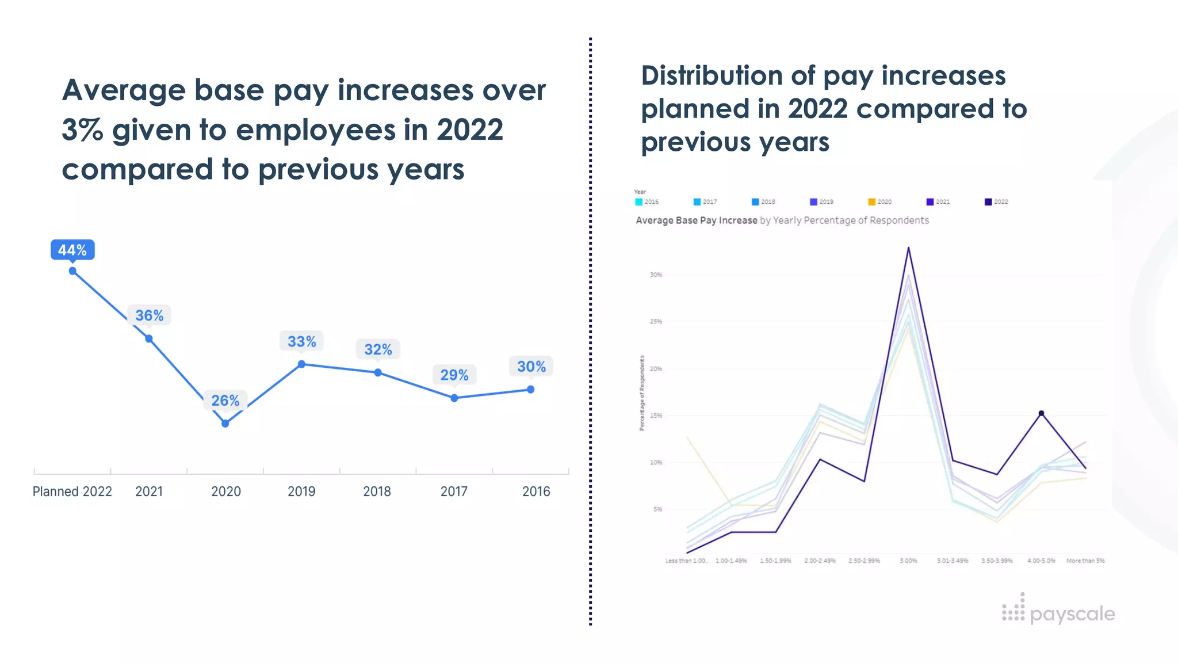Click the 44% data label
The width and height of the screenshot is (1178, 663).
pyautogui.click(x=72, y=250)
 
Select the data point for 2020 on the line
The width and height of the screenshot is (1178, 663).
pyautogui.click(x=225, y=424)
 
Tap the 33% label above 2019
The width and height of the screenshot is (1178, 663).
pyautogui.click(x=302, y=341)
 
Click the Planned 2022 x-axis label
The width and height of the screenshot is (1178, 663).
pyautogui.click(x=72, y=491)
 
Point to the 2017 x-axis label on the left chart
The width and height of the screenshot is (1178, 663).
pyautogui.click(x=454, y=491)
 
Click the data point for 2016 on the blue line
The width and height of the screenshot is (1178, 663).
pyautogui.click(x=531, y=390)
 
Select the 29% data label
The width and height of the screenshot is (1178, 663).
pyautogui.click(x=454, y=375)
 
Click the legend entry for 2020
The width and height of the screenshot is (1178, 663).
pyautogui.click(x=880, y=202)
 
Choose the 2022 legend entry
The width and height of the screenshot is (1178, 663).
pyautogui.click(x=996, y=202)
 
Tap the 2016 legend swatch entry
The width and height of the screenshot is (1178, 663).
pyautogui.click(x=647, y=202)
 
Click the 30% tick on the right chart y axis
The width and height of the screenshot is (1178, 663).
pyautogui.click(x=656, y=275)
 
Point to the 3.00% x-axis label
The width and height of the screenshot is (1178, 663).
pyautogui.click(x=908, y=561)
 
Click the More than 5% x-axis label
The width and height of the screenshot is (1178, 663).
pyautogui.click(x=1085, y=561)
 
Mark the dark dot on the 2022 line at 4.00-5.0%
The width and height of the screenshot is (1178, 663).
pyautogui.click(x=1041, y=413)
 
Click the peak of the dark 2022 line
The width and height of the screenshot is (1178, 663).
pyautogui.click(x=908, y=248)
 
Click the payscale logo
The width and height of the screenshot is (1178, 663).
pyautogui.click(x=1058, y=612)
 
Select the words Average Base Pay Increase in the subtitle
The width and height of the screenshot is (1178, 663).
pyautogui.click(x=697, y=220)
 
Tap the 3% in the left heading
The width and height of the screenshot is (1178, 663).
pyautogui.click(x=82, y=130)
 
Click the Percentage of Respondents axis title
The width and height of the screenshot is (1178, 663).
pyautogui.click(x=642, y=393)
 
